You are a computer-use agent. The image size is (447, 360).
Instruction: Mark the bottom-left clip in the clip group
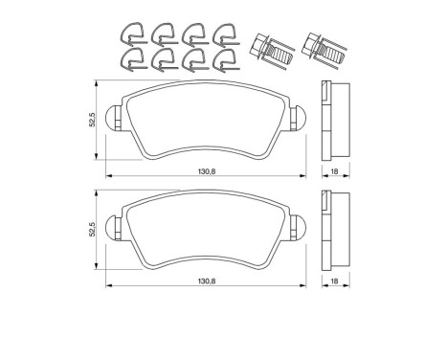point(132,62)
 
